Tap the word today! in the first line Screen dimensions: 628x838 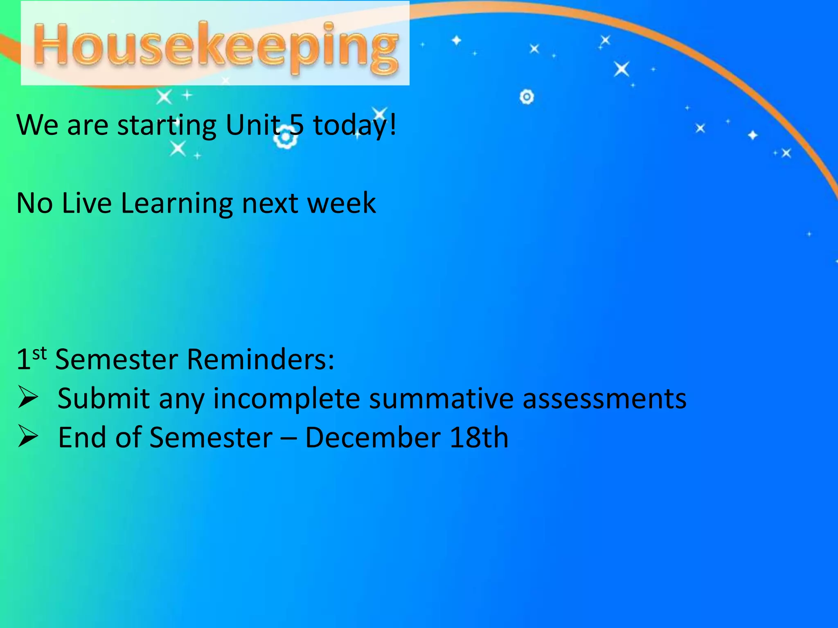click(x=354, y=125)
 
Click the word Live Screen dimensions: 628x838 click(x=87, y=203)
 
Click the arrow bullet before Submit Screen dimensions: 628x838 click(x=28, y=398)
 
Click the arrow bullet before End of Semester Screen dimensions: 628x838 click(x=28, y=437)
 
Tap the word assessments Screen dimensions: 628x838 click(x=604, y=398)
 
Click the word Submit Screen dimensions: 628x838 click(x=104, y=398)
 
